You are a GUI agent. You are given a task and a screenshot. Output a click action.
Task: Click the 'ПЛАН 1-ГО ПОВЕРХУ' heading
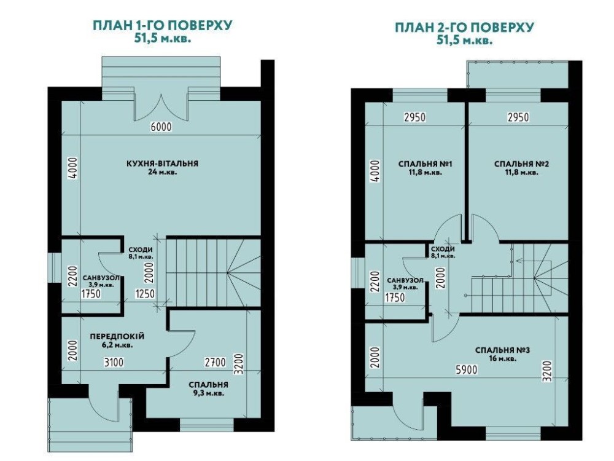(x=162, y=25)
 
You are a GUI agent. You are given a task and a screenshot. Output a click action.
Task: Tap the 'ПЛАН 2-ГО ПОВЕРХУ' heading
(x=464, y=27)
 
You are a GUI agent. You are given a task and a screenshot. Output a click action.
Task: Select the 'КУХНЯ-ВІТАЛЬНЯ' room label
(x=163, y=163)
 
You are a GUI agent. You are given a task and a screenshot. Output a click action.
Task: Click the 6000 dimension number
(x=161, y=127)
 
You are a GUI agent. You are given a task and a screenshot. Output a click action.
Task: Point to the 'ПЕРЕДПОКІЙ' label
(x=117, y=336)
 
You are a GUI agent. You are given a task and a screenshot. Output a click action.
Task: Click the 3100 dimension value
(x=114, y=362)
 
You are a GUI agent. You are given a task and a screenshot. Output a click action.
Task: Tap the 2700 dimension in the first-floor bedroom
(x=216, y=362)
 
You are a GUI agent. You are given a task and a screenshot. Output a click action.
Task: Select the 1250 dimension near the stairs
(x=145, y=293)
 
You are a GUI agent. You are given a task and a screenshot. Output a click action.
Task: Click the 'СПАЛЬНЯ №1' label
(x=426, y=164)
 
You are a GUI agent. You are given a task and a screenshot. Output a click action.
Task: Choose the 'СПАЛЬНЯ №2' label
(x=521, y=164)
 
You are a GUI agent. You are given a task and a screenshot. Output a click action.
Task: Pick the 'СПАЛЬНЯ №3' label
(x=502, y=350)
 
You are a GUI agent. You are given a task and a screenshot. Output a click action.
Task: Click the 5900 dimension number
(x=467, y=369)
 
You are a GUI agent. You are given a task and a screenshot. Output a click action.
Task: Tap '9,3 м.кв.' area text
(x=208, y=393)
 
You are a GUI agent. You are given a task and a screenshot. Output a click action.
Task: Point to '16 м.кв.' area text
(x=502, y=358)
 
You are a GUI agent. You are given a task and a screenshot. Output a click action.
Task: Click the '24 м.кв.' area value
(x=163, y=171)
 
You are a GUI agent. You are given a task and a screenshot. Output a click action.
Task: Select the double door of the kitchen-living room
(x=161, y=107)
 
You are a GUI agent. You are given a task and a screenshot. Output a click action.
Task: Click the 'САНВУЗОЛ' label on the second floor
(x=405, y=280)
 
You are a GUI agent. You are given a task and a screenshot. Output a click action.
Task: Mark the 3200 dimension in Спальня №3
(x=548, y=371)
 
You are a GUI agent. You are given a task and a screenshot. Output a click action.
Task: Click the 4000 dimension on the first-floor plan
(x=72, y=168)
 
